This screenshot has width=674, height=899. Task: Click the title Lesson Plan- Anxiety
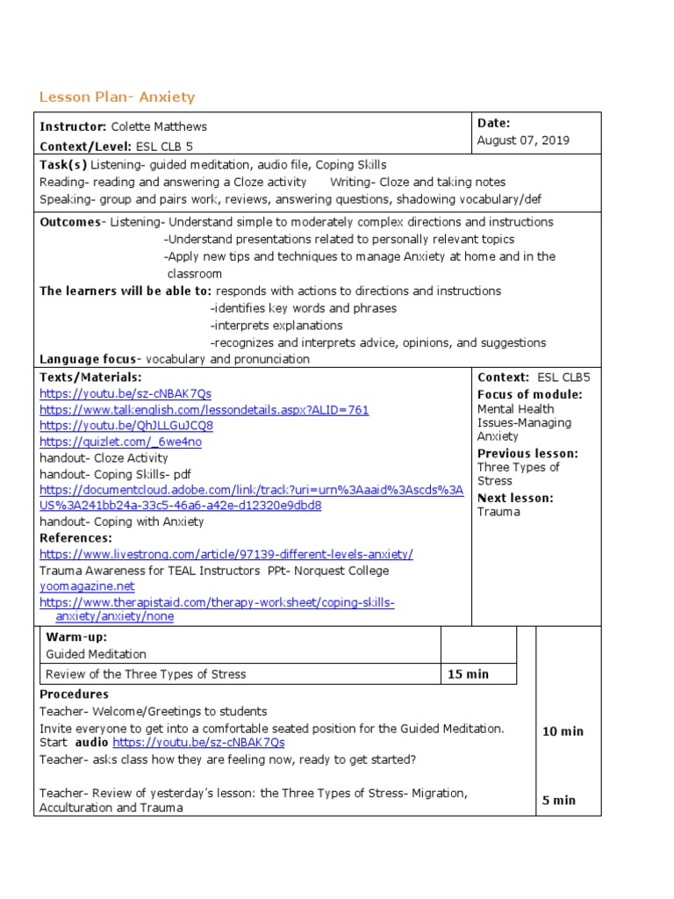point(117,97)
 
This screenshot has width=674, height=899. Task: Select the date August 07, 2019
point(523,140)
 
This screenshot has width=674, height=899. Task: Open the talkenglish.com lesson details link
point(204,410)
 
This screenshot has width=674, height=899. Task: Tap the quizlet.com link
point(120,442)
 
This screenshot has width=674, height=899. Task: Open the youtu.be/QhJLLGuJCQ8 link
point(126,426)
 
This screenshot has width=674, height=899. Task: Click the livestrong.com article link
point(226,554)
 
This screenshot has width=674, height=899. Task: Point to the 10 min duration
point(563,731)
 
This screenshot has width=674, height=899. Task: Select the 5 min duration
point(559,800)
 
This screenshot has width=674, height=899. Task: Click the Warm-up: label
point(76,637)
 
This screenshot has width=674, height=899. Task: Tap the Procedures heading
point(74,694)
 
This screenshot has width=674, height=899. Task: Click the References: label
point(75,537)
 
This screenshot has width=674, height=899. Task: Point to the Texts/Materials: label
point(90,377)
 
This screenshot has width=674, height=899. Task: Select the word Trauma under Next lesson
point(498,512)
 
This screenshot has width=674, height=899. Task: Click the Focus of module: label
point(529,394)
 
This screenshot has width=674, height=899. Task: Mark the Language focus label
point(88,359)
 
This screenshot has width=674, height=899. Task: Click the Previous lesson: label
point(527,453)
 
